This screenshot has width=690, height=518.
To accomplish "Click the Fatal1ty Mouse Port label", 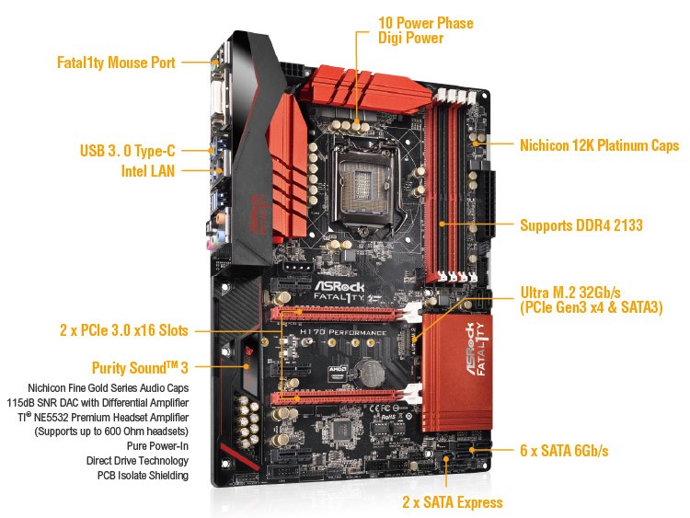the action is tap(116, 63).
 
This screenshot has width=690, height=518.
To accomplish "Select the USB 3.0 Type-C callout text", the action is tap(128, 151).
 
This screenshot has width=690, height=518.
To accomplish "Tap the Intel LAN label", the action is tap(148, 171).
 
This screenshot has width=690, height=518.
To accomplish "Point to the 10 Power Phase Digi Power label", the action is tap(426, 30).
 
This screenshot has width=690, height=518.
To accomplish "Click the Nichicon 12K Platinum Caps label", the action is tap(599, 145).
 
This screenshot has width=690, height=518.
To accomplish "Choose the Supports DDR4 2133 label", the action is tap(581, 225).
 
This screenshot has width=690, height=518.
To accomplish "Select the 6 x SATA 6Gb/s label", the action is tap(564, 450).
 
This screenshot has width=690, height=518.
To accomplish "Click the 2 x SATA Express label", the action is tap(453, 502).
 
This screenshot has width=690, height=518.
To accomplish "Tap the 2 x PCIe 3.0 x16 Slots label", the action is tap(124, 330).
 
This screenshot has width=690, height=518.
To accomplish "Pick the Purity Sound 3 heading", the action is tap(140, 367).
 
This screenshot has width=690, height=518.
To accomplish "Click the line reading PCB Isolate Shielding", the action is tap(143, 476).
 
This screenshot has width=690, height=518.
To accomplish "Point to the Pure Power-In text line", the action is tap(157, 446).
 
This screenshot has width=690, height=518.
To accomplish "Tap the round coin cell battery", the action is tap(371, 373).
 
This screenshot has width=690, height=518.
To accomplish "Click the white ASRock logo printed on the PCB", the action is tap(339, 286).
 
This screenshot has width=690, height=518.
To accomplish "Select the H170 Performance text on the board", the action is tap(343, 332).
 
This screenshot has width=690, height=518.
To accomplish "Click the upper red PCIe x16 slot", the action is tap(339, 314).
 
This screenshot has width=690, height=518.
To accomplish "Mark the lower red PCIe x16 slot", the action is tap(339, 398).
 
